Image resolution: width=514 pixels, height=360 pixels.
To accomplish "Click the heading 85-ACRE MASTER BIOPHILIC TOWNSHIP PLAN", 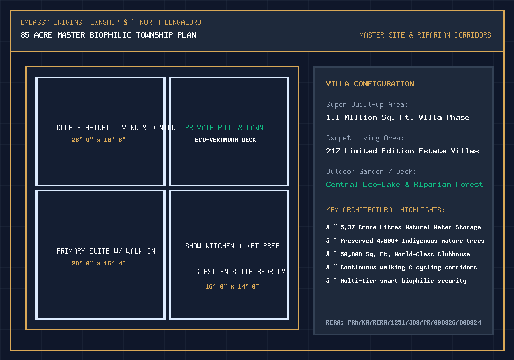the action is (108, 35).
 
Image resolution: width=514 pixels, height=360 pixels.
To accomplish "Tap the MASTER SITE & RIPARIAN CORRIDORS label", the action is (425, 35).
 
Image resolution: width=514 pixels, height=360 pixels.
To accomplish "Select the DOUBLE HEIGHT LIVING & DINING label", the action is (116, 128).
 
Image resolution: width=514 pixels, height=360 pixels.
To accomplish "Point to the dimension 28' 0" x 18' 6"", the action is (99, 140).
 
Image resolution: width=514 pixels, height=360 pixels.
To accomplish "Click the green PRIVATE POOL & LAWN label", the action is (224, 128).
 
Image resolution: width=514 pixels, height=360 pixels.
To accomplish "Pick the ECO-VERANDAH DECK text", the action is (226, 140).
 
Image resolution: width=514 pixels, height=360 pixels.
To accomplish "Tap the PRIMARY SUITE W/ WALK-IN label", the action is (106, 251).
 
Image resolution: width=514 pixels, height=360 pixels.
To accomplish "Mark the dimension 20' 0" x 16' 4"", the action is (99, 263).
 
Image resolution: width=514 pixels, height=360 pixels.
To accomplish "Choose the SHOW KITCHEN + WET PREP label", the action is (232, 246).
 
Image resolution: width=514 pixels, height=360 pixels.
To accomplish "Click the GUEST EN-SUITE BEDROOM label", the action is (240, 272).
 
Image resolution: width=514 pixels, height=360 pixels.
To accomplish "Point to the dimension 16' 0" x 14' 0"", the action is (232, 286).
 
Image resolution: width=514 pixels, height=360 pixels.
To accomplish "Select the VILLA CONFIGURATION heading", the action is (370, 84).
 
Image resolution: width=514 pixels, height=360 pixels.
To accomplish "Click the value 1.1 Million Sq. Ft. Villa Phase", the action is (398, 117).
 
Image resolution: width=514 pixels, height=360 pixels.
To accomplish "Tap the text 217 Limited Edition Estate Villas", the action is (402, 151).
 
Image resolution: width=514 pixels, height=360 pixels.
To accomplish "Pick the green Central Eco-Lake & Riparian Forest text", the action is (405, 184).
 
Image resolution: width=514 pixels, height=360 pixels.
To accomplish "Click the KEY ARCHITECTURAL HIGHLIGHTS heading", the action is (385, 210).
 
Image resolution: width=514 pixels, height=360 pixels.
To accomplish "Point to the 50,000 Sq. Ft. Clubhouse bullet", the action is (398, 254).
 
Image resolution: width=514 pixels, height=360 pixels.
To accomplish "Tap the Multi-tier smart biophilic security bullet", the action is (396, 281).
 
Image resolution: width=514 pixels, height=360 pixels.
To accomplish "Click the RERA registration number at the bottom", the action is (403, 322).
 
